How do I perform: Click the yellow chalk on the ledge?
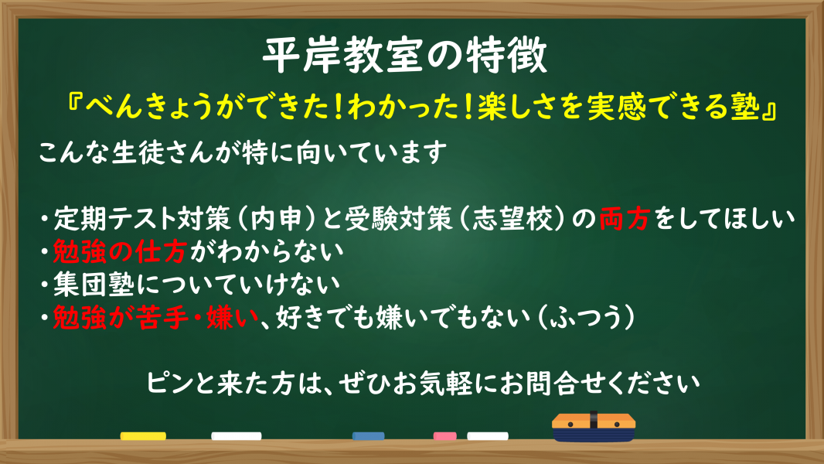[x=143, y=436]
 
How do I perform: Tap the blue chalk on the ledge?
[x=369, y=436]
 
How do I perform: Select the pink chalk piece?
[x=444, y=436]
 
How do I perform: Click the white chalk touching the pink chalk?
[x=488, y=436]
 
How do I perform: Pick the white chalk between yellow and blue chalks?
[x=237, y=436]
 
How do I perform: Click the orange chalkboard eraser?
[x=594, y=426]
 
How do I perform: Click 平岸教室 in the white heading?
[x=343, y=56]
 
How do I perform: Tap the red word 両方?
[x=625, y=219]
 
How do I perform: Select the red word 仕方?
[x=160, y=251]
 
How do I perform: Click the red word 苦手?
[x=162, y=317]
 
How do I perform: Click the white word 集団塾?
[x=94, y=285]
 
